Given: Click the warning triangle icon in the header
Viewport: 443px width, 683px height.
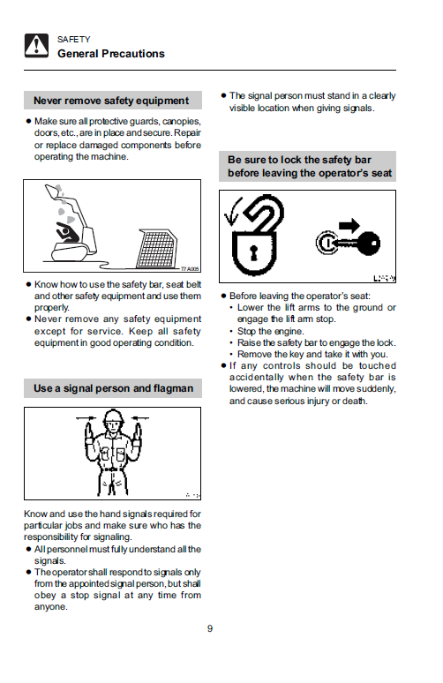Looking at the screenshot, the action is pyautogui.click(x=36, y=45).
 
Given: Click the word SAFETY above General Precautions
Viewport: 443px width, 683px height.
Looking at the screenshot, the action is pyautogui.click(x=73, y=40).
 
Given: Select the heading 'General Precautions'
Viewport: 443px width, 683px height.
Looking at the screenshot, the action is pyautogui.click(x=111, y=54).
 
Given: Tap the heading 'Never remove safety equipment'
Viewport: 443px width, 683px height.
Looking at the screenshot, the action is pyautogui.click(x=111, y=101).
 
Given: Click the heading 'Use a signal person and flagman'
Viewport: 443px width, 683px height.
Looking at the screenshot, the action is pyautogui.click(x=113, y=388).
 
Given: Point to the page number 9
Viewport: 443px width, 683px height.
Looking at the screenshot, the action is pyautogui.click(x=210, y=628).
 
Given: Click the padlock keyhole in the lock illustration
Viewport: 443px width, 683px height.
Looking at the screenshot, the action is pyautogui.click(x=253, y=253).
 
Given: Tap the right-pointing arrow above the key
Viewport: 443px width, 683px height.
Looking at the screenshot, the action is pyautogui.click(x=349, y=225).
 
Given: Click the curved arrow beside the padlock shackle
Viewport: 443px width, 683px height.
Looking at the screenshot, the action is pyautogui.click(x=231, y=211).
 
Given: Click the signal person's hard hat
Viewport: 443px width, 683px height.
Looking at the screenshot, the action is pyautogui.click(x=113, y=417).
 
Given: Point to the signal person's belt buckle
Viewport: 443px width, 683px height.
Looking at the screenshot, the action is pyautogui.click(x=113, y=469).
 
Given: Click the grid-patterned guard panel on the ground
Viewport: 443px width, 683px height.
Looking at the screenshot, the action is pyautogui.click(x=157, y=249).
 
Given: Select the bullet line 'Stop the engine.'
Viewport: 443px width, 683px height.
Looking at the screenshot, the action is pyautogui.click(x=271, y=331).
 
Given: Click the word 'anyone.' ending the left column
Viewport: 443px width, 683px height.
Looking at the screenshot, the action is pyautogui.click(x=51, y=607).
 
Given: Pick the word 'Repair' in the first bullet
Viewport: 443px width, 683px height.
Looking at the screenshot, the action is pyautogui.click(x=187, y=133).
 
